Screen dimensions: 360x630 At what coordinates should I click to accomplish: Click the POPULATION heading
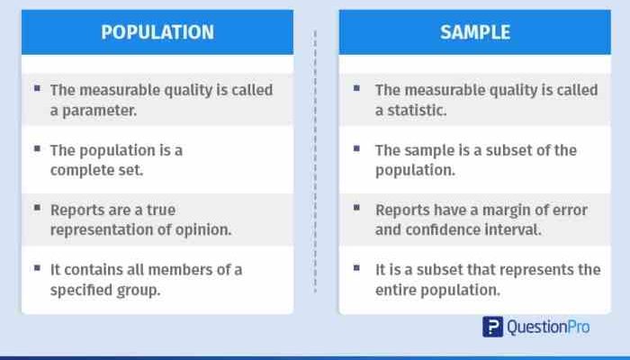(x=157, y=32)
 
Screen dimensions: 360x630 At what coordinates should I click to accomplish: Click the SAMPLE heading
(x=474, y=32)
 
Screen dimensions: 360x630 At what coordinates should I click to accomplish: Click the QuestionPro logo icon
(x=492, y=327)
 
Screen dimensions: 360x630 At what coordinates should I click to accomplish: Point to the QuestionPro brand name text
(x=548, y=327)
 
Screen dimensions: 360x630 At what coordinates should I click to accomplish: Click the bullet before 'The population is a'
(x=37, y=148)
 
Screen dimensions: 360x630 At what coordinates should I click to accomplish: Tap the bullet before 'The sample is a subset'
(x=356, y=148)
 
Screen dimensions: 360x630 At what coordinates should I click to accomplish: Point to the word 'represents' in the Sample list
(x=545, y=269)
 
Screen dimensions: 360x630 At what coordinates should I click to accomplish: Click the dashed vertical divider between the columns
(x=316, y=162)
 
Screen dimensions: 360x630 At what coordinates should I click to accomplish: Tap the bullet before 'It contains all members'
(x=37, y=268)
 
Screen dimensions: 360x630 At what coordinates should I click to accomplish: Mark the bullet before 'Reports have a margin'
(x=356, y=209)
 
